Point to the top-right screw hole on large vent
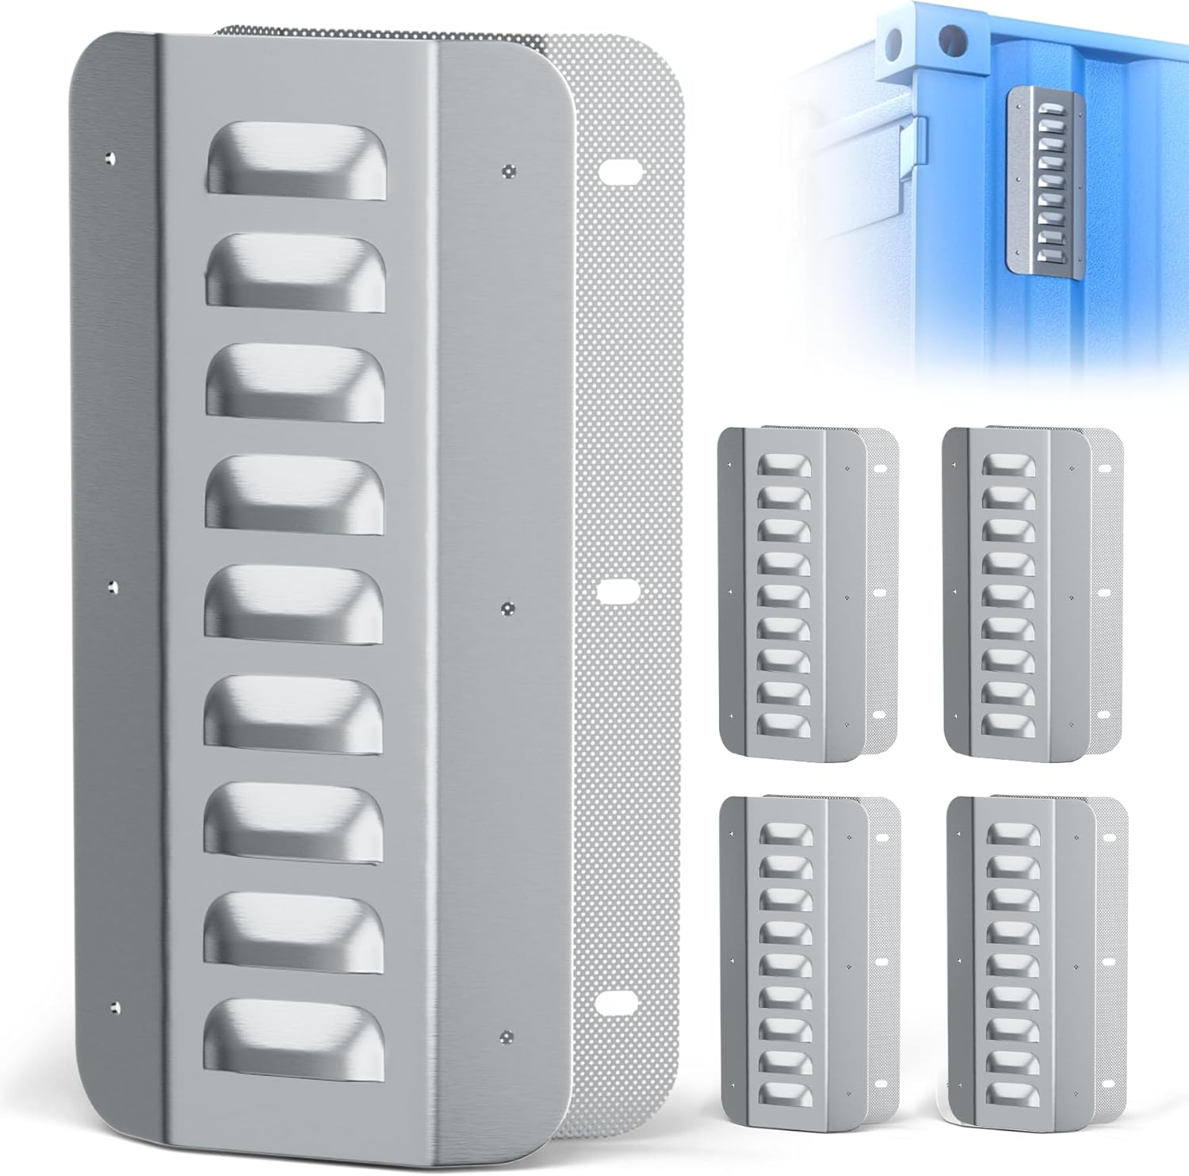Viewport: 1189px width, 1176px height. tap(507, 169)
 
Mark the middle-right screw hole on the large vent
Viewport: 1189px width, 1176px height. tap(508, 608)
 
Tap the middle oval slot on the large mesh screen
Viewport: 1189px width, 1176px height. tap(618, 590)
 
